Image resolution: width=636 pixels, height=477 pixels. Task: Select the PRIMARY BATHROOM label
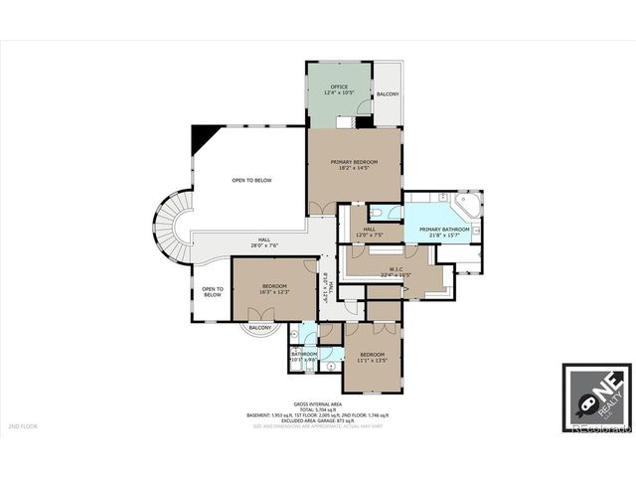[x=444, y=230]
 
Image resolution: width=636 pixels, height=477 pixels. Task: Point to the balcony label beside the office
[x=389, y=94]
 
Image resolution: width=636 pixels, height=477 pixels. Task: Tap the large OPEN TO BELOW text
[x=251, y=180]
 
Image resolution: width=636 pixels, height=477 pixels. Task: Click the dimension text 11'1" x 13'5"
[x=373, y=361]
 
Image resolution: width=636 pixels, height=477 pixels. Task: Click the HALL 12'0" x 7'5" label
[x=369, y=234]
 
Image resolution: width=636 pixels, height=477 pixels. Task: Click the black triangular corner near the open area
[x=204, y=135]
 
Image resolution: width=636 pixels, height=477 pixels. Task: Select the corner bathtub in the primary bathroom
[x=466, y=207]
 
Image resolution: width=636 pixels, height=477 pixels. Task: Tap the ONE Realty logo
[x=595, y=398]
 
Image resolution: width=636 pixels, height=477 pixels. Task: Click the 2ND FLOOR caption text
[x=24, y=426]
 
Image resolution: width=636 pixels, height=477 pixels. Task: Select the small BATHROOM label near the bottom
[x=304, y=354]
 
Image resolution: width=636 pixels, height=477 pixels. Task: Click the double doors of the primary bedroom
[x=322, y=207]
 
